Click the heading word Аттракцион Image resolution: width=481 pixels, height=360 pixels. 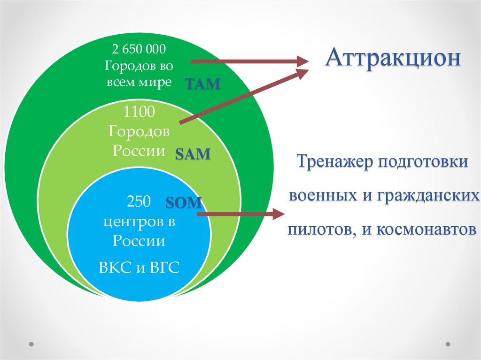pyautogui.click(x=393, y=58)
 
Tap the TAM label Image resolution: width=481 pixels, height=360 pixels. pyautogui.click(x=202, y=84)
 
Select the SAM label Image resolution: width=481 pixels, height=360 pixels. pyautogui.click(x=193, y=154)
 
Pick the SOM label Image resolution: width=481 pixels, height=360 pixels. pyautogui.click(x=184, y=202)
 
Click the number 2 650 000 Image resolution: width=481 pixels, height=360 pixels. pyautogui.click(x=139, y=49)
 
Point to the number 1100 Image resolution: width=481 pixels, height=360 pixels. pyautogui.click(x=139, y=112)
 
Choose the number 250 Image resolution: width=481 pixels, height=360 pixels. pyautogui.click(x=139, y=201)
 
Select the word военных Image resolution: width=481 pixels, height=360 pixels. pyautogui.click(x=323, y=195)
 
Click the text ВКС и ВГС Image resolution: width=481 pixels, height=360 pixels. pyautogui.click(x=139, y=268)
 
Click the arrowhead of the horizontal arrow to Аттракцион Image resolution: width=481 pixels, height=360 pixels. pyautogui.click(x=302, y=61)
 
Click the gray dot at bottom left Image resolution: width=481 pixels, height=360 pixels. pyautogui.click(x=31, y=345)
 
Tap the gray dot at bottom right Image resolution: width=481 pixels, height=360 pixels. pyautogui.click(x=448, y=345)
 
